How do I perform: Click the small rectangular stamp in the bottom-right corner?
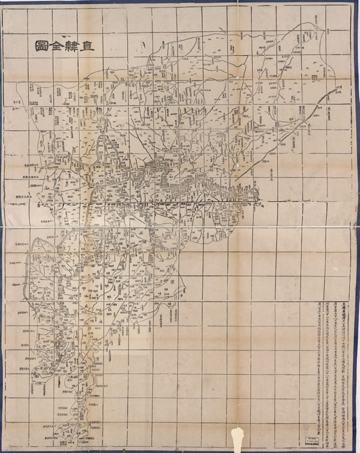(312, 433)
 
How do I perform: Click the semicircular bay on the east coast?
(254, 193)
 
